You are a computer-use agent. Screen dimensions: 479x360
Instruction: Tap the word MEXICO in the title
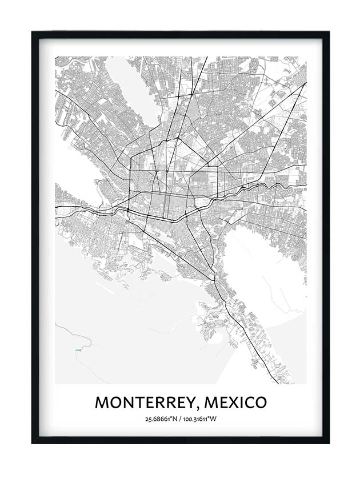click(235, 402)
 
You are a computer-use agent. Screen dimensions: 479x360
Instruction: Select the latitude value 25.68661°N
click(162, 420)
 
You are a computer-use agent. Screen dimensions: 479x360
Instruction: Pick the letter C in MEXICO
click(246, 402)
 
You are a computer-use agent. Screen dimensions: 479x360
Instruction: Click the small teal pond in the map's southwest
click(77, 348)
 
